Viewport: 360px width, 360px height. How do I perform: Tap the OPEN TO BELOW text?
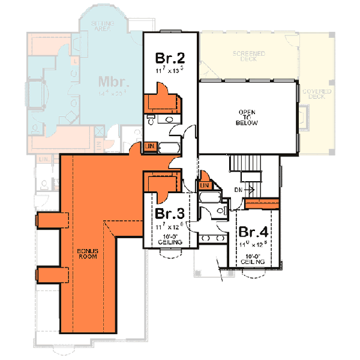tap(248, 118)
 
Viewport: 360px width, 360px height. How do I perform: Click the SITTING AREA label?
tap(103, 24)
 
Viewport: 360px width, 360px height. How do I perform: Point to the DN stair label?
tap(238, 190)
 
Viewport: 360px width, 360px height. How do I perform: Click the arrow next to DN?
tap(250, 190)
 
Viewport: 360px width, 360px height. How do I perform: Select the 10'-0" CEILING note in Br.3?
tap(170, 240)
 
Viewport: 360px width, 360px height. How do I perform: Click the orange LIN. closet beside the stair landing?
tap(205, 185)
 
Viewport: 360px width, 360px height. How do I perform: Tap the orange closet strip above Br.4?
tap(262, 203)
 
